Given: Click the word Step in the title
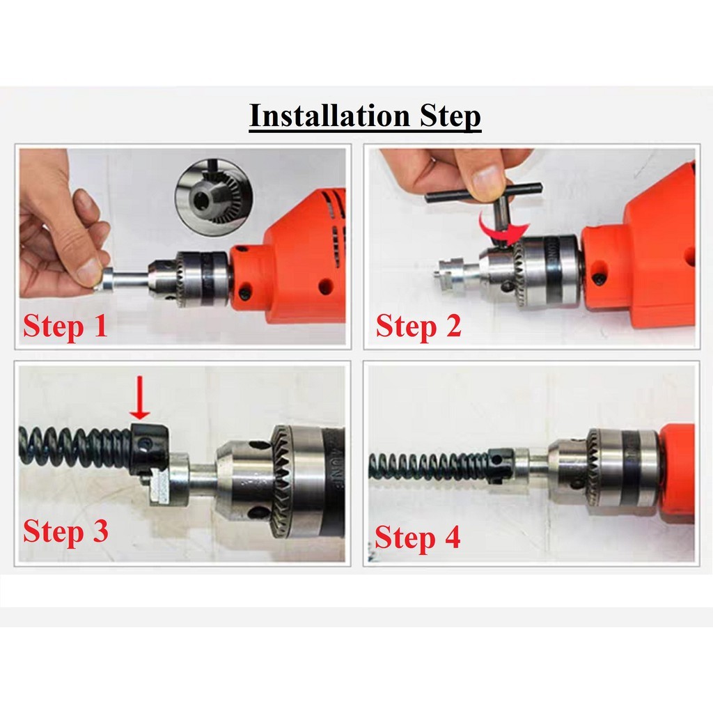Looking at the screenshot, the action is [450, 117].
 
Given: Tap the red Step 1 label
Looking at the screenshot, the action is [65, 327].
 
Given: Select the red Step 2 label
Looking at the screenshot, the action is [418, 327].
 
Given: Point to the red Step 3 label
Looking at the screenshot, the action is [65, 531].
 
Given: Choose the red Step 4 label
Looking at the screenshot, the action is [418, 538].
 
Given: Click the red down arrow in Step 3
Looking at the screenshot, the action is [140, 397].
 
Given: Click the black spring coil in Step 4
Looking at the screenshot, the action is [430, 466].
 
